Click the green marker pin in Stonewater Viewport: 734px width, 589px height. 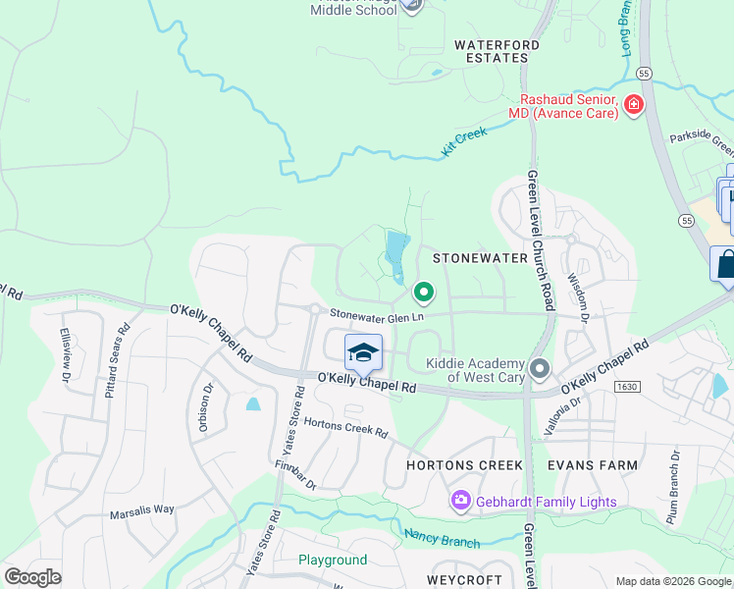click(424, 293)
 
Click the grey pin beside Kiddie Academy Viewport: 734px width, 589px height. click(539, 369)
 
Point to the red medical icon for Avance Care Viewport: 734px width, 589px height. click(633, 104)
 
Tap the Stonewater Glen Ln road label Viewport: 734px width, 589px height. click(377, 315)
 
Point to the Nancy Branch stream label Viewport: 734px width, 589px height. click(442, 538)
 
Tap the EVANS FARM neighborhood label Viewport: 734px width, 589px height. click(593, 465)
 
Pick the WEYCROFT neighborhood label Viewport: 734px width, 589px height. click(466, 580)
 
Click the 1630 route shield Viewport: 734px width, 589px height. click(627, 388)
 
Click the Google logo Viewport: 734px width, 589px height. click(33, 577)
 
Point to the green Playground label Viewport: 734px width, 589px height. click(333, 561)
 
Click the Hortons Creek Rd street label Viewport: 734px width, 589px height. click(345, 428)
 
